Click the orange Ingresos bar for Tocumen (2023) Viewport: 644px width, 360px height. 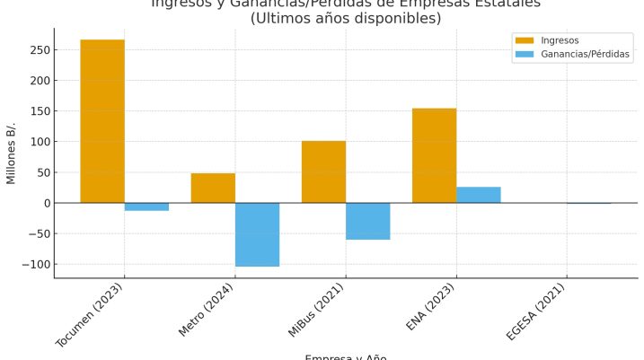click(x=102, y=121)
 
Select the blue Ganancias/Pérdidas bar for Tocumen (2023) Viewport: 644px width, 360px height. click(x=146, y=206)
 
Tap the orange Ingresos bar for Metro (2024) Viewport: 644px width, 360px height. click(x=213, y=188)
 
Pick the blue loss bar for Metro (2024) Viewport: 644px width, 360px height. click(x=257, y=234)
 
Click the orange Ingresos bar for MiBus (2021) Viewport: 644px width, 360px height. click(x=323, y=171)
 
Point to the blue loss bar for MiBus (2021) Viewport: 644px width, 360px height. click(x=367, y=221)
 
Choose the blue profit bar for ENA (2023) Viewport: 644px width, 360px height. click(x=478, y=195)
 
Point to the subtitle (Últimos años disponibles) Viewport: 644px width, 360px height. click(x=346, y=18)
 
